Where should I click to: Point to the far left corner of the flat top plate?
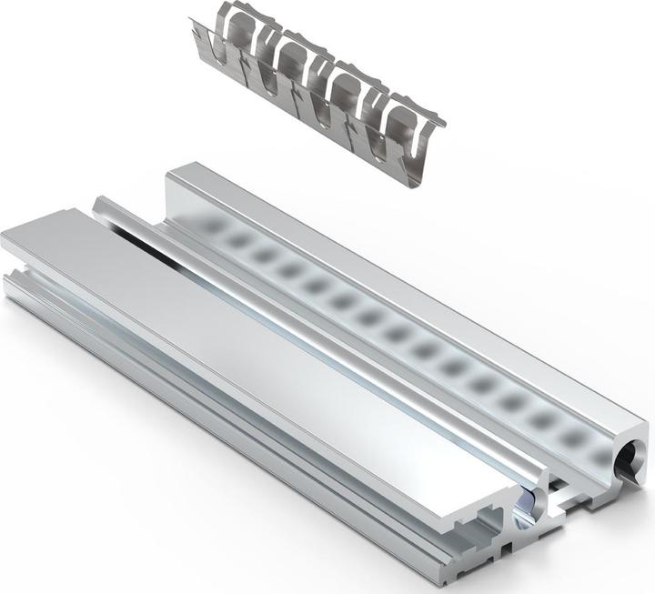[4, 238]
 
